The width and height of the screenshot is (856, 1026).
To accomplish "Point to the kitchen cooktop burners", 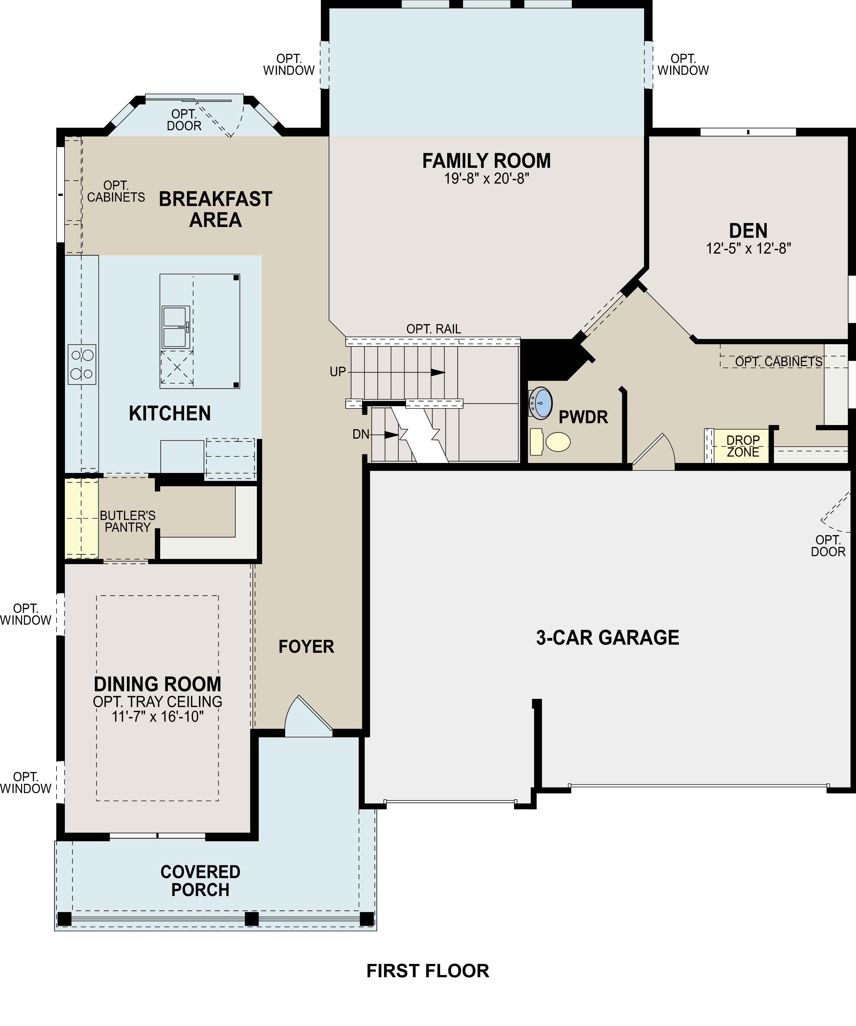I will coord(81,364).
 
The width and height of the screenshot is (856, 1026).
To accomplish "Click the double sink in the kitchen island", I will coord(175,327).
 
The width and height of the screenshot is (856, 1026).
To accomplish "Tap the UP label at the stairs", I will coord(338,372).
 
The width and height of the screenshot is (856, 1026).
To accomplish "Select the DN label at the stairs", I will coord(361,434).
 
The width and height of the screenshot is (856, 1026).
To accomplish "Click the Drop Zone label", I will coord(743,446).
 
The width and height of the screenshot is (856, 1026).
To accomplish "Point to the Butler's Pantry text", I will coord(127,521).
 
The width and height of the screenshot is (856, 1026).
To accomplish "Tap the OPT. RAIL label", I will coord(433,329).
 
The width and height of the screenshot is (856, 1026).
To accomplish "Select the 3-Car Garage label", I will coord(607,638).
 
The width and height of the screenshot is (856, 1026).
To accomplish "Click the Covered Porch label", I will coord(200,881).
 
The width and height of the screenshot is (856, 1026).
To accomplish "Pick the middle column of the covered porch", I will coord(251,919).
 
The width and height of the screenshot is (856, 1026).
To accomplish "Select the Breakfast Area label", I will coord(216,209).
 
